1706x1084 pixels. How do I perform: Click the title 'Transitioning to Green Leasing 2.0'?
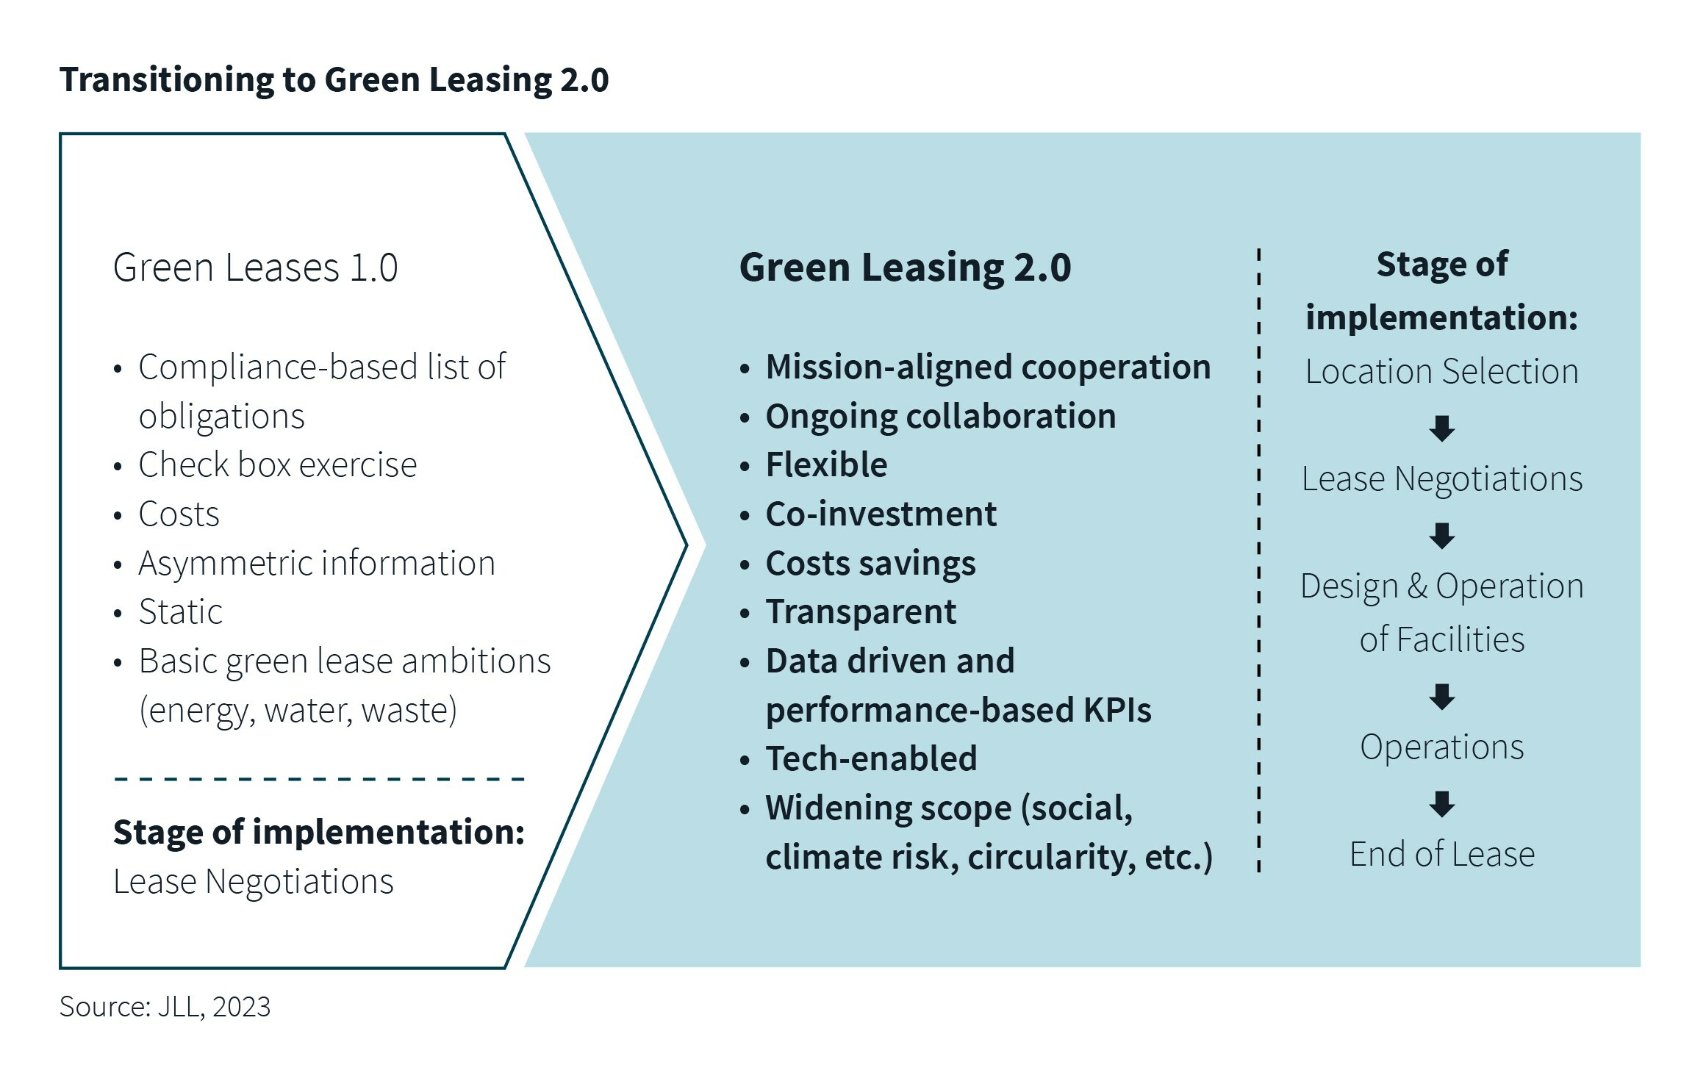pos(334,79)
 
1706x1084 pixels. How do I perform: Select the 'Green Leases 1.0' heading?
pos(255,267)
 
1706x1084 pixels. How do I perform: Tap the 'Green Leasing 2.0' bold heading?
pos(905,267)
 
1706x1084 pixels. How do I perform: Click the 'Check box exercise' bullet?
pos(277,464)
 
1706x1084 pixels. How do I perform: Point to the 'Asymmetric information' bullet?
pos(316,563)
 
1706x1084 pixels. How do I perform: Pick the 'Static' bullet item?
pos(180,611)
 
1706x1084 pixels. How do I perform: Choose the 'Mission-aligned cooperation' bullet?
pos(988,367)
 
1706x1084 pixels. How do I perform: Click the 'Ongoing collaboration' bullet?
pos(940,416)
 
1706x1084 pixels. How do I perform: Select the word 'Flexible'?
pos(826,464)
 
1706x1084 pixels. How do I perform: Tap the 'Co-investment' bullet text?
pos(881,514)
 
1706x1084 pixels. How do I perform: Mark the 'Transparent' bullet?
pos(861,611)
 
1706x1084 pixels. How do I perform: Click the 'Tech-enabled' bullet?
pos(871,758)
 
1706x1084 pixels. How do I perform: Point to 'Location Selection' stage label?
pos(1441,371)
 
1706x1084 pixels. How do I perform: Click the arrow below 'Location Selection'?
pos(1441,428)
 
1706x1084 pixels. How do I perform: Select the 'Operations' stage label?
pos(1441,747)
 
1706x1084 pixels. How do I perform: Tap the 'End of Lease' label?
pos(1441,854)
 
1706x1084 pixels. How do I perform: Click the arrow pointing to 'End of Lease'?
pos(1441,804)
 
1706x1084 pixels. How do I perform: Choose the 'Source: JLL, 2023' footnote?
pos(165,1006)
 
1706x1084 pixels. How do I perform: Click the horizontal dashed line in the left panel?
pos(319,778)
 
